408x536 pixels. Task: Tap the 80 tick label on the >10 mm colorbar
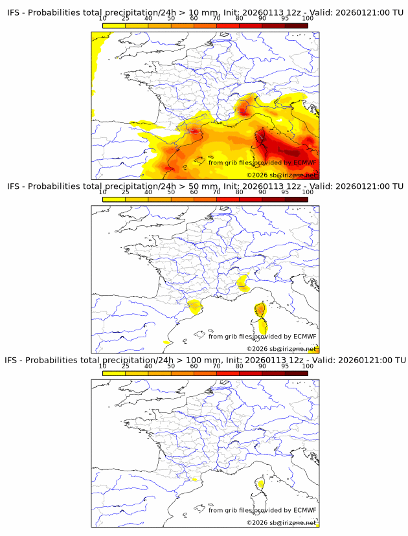coord(240,18)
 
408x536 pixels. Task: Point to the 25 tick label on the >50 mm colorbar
coord(126,192)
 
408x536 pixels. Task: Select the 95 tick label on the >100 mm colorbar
coord(285,366)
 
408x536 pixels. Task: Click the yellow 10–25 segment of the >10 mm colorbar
coord(114,25)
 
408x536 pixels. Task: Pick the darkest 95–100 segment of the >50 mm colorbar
coord(296,199)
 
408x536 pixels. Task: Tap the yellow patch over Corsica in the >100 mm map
coord(261,484)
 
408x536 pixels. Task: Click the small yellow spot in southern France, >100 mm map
coord(195,480)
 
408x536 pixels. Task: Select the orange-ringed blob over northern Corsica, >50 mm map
coord(260,309)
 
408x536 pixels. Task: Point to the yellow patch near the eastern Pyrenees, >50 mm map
coord(194,306)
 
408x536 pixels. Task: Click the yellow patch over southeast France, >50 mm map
coord(243,282)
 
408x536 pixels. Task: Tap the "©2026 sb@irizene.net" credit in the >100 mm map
coord(281,522)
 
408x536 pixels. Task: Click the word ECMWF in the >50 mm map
coord(304,337)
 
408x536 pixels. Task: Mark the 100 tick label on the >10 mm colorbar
coord(308,18)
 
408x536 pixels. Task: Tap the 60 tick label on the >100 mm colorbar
coord(194,366)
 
